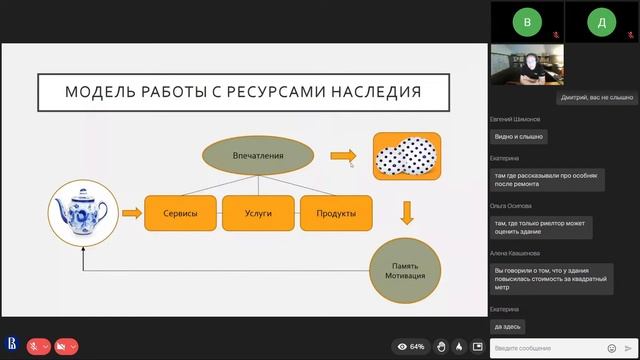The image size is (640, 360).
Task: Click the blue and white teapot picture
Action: (78, 213)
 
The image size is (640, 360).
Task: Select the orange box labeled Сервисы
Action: (181, 213)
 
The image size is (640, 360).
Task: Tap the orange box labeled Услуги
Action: (258, 213)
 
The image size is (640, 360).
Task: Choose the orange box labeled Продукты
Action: (336, 213)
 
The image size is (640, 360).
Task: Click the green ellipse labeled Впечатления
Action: (258, 155)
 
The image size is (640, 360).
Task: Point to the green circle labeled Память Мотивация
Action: (406, 270)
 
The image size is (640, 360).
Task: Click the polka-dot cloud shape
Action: (406, 157)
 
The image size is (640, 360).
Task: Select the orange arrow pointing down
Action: (406, 213)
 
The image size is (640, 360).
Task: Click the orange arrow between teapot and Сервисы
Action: (129, 213)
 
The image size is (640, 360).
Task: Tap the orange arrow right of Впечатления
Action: (343, 155)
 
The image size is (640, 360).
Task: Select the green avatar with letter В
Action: (526, 20)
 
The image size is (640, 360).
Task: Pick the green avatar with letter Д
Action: (600, 20)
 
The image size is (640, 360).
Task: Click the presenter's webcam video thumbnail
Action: (526, 65)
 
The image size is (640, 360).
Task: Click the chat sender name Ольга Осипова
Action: (511, 206)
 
